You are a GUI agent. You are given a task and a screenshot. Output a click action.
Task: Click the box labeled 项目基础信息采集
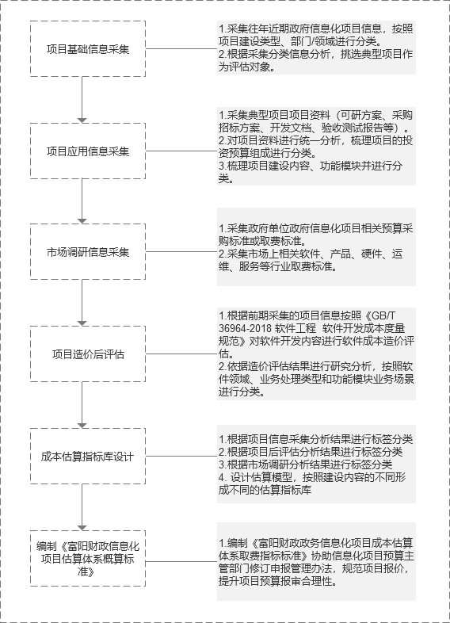(x=88, y=49)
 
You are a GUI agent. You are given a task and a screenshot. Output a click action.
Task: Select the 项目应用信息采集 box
(x=88, y=151)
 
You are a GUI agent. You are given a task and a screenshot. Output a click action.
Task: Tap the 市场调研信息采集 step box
(x=88, y=252)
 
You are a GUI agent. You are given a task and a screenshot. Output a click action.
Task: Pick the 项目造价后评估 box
(x=88, y=354)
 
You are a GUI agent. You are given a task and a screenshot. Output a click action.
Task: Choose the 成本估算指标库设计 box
(x=88, y=456)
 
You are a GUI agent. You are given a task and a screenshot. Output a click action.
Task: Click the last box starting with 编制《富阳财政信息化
(x=88, y=558)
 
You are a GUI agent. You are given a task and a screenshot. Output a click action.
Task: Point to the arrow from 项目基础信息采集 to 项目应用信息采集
(x=82, y=100)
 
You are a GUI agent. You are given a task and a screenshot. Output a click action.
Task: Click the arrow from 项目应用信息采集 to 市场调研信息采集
(x=82, y=201)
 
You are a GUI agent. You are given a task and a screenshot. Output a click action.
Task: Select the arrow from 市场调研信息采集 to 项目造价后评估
(x=82, y=303)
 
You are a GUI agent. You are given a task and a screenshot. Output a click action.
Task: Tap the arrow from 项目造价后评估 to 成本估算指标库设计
(x=82, y=405)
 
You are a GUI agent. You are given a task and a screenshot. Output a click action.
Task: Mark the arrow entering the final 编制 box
(x=82, y=507)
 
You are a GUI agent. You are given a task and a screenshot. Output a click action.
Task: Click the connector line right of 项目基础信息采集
(x=181, y=49)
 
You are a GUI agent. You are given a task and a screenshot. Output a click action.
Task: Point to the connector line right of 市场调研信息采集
(x=181, y=251)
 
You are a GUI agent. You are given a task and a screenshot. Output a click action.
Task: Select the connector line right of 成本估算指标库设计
(x=181, y=456)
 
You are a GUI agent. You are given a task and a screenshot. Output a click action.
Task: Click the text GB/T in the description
(x=385, y=316)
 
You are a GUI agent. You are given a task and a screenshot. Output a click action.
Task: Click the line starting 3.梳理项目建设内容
(x=311, y=166)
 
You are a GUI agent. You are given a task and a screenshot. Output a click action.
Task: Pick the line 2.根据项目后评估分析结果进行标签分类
(x=311, y=452)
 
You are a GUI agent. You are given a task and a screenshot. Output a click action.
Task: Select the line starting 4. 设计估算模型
(x=312, y=477)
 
